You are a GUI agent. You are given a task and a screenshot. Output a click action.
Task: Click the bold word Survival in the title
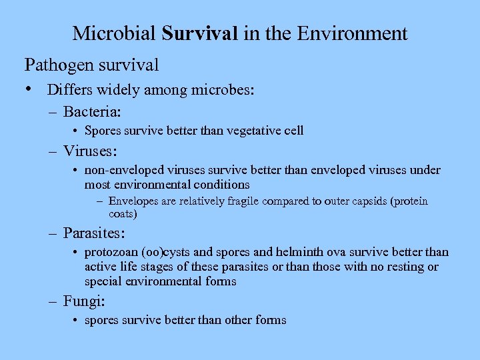coord(200,33)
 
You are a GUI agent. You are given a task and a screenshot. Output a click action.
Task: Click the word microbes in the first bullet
coord(225,90)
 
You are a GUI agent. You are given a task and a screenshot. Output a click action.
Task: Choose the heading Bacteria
coord(95,110)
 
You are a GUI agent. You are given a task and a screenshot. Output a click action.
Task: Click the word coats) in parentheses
coord(123,214)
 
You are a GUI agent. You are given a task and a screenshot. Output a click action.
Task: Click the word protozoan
coord(110,253)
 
